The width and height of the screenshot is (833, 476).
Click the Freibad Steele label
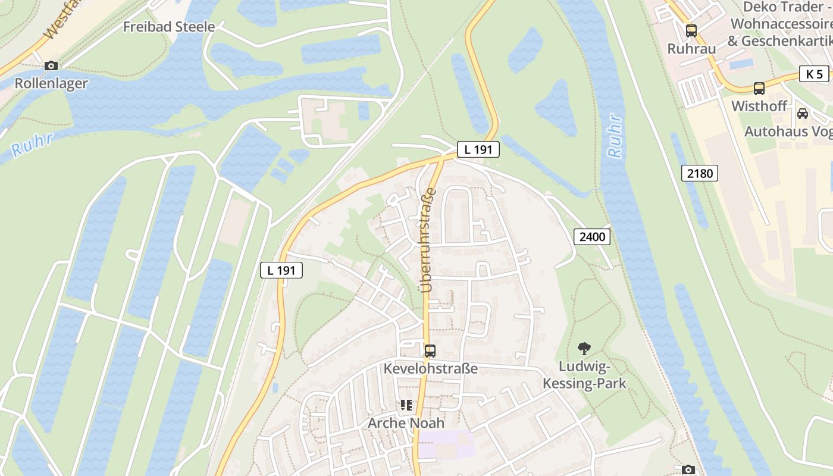(169, 27)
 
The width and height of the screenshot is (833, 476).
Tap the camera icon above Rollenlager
(51, 65)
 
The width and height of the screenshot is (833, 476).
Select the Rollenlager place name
(51, 83)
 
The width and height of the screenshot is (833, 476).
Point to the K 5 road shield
(814, 74)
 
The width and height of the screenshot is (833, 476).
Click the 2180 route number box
(700, 173)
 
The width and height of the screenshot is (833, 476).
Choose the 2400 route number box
(592, 237)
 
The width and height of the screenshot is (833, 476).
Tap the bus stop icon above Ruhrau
(691, 31)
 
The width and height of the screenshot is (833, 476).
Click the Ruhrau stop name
(691, 49)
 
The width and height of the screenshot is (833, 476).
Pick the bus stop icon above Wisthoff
(759, 89)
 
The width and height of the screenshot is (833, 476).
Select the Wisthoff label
(759, 106)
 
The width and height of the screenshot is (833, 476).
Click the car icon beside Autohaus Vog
(802, 113)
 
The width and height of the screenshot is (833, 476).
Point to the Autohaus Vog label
(788, 131)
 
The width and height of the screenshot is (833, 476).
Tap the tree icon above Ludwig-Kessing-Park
(584, 349)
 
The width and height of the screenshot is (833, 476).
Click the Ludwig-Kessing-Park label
(584, 374)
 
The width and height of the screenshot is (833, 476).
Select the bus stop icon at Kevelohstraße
(430, 350)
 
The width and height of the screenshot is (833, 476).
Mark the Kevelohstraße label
(430, 368)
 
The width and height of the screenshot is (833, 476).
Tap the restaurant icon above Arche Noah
(406, 405)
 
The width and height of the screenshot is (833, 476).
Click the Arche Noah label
(406, 423)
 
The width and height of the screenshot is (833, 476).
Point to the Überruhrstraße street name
(428, 240)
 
